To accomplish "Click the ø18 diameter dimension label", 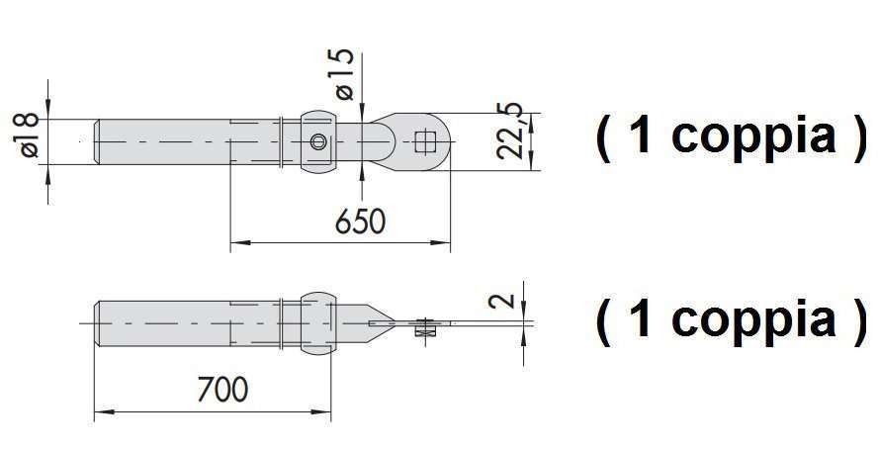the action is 29,135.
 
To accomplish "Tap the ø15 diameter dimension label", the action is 345,73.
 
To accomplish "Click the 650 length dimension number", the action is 361,222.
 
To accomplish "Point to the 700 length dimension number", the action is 222,389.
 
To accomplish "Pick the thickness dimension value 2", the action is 501,300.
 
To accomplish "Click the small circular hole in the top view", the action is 318,141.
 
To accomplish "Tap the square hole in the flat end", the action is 424,141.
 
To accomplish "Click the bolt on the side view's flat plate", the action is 425,326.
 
